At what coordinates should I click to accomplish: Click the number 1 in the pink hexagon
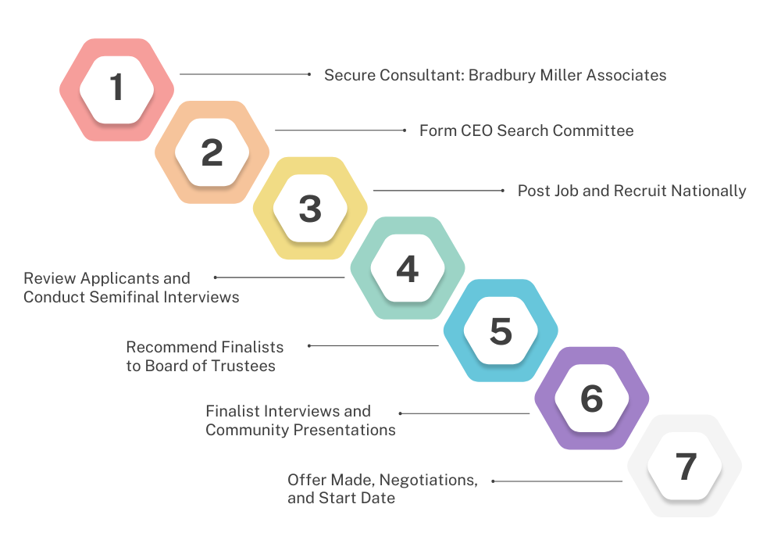point(116,87)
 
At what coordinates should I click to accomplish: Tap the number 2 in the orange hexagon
point(212,152)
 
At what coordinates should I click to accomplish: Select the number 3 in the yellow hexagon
point(310,209)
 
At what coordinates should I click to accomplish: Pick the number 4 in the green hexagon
point(408,269)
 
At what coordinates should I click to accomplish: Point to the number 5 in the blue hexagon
point(501,331)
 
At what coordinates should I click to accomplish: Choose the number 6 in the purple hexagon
point(592,399)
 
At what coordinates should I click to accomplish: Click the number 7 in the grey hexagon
point(686,467)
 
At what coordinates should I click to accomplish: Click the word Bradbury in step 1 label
point(502,75)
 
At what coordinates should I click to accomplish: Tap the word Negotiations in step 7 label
point(428,481)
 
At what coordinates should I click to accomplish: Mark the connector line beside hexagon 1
point(245,74)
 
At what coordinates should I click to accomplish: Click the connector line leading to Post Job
point(439,191)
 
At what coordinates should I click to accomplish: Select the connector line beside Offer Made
point(557,481)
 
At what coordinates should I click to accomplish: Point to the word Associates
point(626,75)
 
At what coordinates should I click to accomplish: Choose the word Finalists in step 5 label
point(252,347)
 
